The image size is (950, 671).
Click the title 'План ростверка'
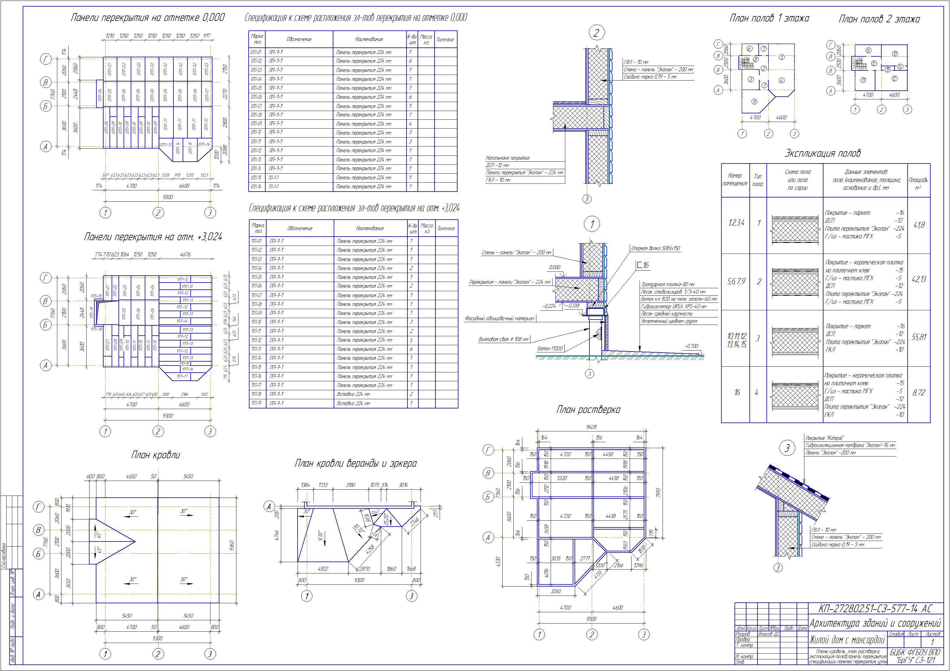coord(588,410)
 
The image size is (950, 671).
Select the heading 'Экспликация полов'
coord(823,153)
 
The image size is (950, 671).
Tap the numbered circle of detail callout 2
coord(596,33)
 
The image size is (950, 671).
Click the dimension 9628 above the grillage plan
coord(592,427)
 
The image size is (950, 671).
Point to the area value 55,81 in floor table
coord(919,337)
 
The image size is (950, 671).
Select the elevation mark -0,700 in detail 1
coord(691,346)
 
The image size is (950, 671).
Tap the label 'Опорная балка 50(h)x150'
coord(655,249)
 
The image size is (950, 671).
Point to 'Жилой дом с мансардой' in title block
coord(846,640)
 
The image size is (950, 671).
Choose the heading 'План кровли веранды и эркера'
coord(355,463)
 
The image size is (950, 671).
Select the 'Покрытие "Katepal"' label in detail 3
coord(825,438)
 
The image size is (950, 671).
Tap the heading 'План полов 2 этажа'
coord(879,19)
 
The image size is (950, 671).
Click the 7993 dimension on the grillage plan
coord(658,493)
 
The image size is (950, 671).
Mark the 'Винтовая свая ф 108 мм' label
coord(504,339)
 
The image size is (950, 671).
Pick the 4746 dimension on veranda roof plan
coord(277,535)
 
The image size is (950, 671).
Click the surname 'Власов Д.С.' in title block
coord(768,634)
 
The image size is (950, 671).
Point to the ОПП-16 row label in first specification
coord(256,186)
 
